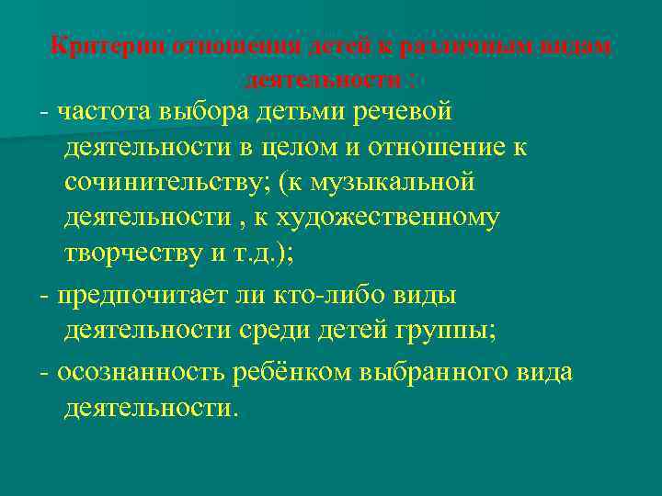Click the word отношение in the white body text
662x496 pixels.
click(440, 148)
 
